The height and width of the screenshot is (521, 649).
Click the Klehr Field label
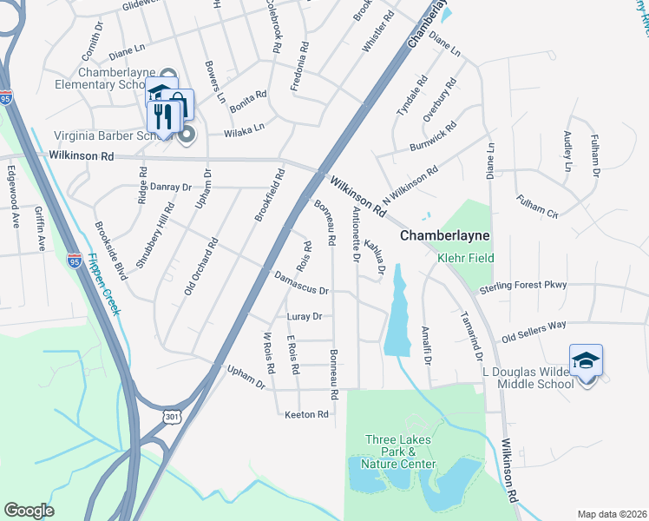pos(465,258)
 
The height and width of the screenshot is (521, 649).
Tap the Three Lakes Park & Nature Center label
pos(399,452)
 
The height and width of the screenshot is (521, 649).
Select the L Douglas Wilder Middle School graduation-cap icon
pos(586,360)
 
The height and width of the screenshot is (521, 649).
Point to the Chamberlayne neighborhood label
pos(445,236)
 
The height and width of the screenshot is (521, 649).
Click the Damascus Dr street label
pos(301,284)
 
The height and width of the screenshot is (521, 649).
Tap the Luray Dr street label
pos(305,317)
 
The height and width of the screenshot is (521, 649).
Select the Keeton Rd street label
pos(306,415)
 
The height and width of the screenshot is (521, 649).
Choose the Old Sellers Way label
pos(534,330)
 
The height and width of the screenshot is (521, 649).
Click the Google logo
pos(29,511)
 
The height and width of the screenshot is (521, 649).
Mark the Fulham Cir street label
pos(538,208)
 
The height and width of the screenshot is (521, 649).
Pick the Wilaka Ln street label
pos(244,130)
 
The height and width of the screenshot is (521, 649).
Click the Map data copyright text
pos(613,514)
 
